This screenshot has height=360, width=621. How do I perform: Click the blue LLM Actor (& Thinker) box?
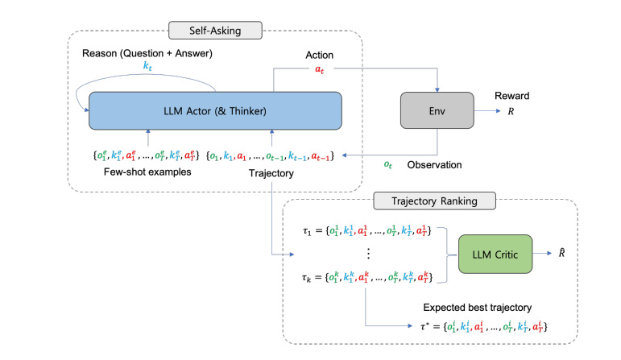point(216,110)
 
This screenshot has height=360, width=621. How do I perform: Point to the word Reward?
point(512,96)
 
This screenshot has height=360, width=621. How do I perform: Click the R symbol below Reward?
point(510,114)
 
